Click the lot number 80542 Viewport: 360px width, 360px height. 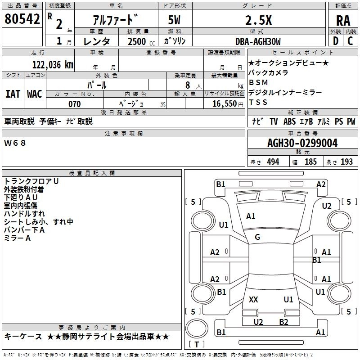click(22, 19)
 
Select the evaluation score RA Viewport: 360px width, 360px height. click(343, 20)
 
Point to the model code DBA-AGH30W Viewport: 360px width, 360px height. click(258, 41)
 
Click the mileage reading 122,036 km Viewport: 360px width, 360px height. click(53, 65)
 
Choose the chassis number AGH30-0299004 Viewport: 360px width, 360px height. click(302, 144)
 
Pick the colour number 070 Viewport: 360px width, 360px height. click(75, 104)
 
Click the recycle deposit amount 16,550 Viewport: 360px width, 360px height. click(224, 104)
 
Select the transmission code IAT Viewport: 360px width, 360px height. click(13, 94)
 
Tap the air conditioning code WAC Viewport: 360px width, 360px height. click(35, 94)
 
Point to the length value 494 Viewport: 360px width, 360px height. click(272, 162)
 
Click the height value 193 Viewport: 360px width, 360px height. click(347, 162)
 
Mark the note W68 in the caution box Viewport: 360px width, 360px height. click(15, 143)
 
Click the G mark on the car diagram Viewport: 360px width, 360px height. click(257, 237)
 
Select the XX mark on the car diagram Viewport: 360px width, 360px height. click(253, 299)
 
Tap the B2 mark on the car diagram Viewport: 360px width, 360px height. click(283, 322)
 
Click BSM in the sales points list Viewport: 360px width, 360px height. click(258, 82)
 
